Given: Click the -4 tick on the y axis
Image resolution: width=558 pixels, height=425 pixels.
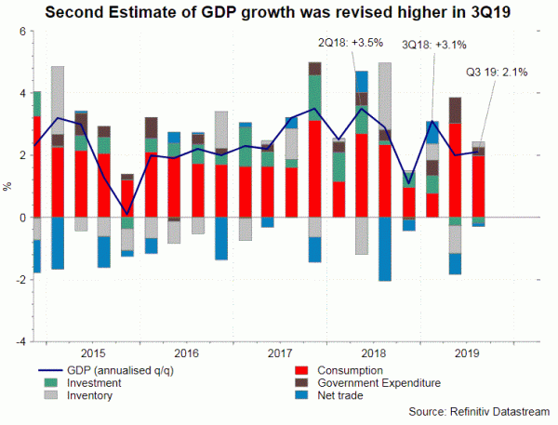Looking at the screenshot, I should click(x=20, y=341).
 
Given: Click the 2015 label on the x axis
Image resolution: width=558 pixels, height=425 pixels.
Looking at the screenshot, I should click(x=93, y=352).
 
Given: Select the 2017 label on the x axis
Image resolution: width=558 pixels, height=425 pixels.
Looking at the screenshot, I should click(x=281, y=352).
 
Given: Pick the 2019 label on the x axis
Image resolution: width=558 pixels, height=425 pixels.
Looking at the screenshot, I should click(x=467, y=352).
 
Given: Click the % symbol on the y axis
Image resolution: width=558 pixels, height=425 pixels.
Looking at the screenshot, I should click(x=9, y=186).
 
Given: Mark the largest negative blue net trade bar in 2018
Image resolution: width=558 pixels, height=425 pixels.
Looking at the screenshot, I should click(x=385, y=251).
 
